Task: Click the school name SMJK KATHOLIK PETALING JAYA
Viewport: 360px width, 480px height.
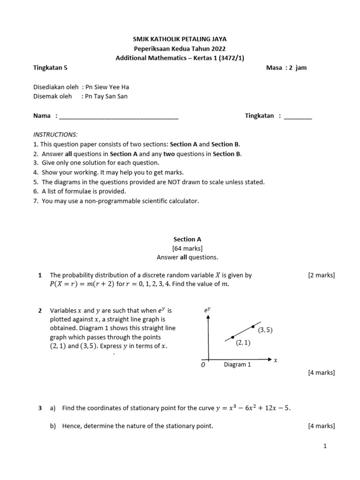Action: [x=180, y=39]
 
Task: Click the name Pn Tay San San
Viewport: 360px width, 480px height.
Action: [x=106, y=97]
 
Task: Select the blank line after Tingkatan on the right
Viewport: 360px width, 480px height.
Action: [x=298, y=117]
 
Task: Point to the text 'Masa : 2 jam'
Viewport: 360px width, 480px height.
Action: [x=286, y=67]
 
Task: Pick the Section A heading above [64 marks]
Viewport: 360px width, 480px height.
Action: [x=187, y=239]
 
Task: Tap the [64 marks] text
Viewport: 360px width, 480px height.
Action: [x=187, y=248]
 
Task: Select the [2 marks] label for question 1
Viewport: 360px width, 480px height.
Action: [x=321, y=276]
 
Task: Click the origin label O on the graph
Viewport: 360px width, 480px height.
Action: [x=203, y=365]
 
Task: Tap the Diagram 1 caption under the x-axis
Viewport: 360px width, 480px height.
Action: [x=237, y=364]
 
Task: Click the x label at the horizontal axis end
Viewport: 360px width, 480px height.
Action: [x=276, y=360]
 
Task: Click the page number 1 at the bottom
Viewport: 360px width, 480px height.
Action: [x=324, y=446]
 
